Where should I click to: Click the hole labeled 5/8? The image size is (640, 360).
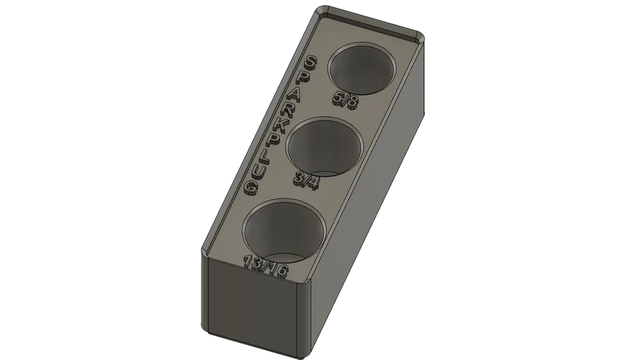click(x=362, y=69)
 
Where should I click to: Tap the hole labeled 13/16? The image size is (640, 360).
click(x=285, y=232)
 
